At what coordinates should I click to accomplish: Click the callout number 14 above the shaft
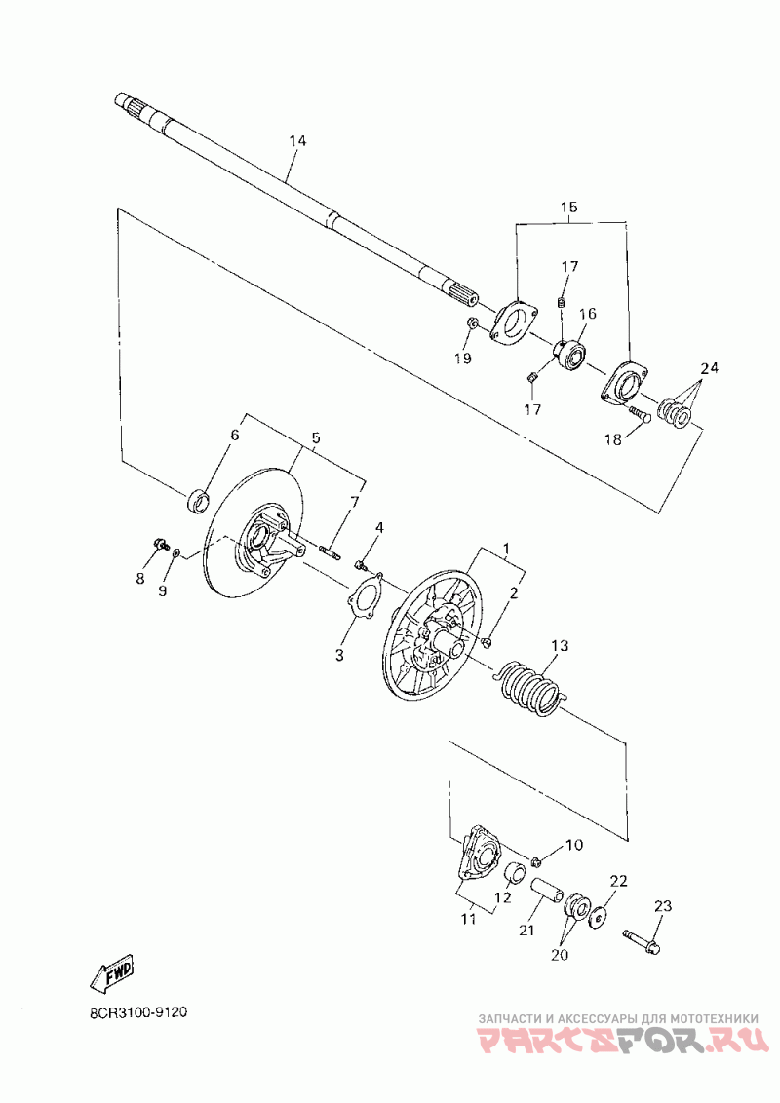coord(297,140)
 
